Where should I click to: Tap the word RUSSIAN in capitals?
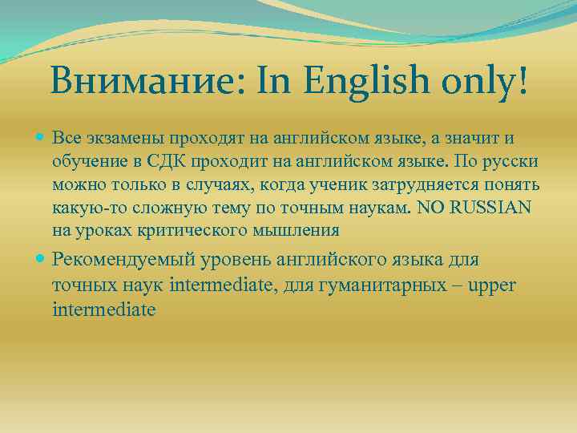tap(490, 208)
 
